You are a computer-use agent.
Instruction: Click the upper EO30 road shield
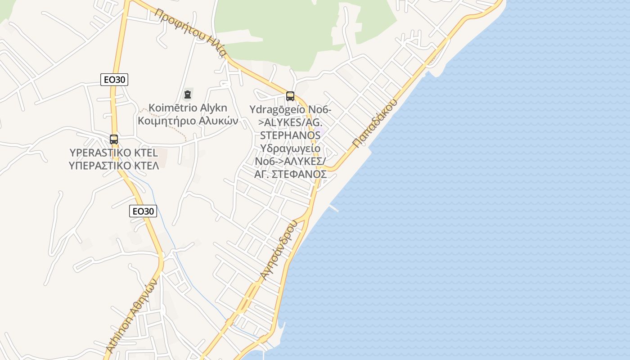[x=114, y=80]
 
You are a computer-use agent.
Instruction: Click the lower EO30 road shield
[x=143, y=211]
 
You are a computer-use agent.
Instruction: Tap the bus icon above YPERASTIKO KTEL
[x=114, y=139]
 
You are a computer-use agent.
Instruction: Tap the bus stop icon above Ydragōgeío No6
[x=290, y=96]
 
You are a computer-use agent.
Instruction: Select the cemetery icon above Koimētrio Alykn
[x=187, y=94]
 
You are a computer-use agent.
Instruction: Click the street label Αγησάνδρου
[x=279, y=250]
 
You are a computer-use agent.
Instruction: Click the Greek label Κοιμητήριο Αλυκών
[x=188, y=121]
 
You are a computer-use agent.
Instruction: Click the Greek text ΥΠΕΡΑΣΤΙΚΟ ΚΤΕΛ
[x=114, y=165]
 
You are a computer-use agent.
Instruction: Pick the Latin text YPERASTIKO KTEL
[x=114, y=153]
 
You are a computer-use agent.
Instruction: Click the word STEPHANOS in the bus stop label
[x=290, y=135]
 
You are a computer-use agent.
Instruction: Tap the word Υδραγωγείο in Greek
[x=290, y=148]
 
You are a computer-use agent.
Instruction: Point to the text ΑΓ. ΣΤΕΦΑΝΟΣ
[x=290, y=174]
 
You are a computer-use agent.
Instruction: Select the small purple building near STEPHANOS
[x=319, y=132]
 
